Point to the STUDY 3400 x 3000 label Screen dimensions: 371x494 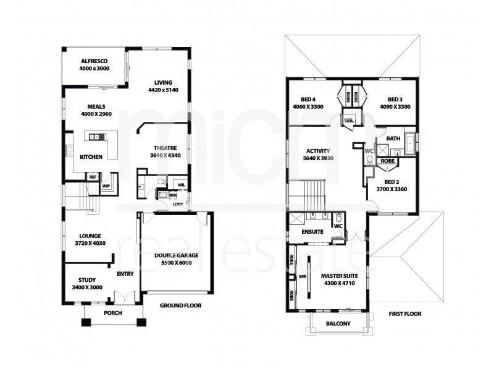click(81, 284)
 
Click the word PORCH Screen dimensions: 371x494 click(112, 313)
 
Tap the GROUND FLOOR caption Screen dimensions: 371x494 click(180, 305)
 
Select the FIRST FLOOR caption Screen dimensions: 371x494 click(405, 313)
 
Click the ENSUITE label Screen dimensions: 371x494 click(313, 232)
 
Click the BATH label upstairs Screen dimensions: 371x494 click(393, 139)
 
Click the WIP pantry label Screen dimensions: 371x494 click(106, 185)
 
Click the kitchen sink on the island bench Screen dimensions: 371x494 click(94, 137)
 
